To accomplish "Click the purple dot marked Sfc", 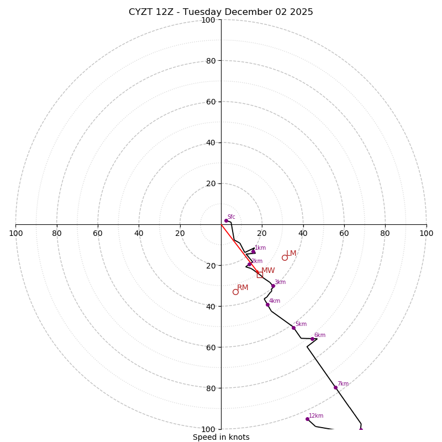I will click(x=226, y=220).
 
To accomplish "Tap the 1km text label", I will click(x=260, y=248).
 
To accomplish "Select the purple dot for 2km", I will click(x=249, y=264).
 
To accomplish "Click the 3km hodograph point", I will click(x=272, y=286).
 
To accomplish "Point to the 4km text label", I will click(x=275, y=301).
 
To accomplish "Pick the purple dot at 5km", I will click(x=293, y=328).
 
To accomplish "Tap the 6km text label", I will click(x=320, y=335).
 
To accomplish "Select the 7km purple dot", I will click(x=335, y=387).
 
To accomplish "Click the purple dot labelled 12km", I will click(x=307, y=419).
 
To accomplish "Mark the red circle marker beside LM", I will click(x=285, y=257).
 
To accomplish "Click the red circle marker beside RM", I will click(x=235, y=292).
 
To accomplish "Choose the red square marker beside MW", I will click(x=260, y=275).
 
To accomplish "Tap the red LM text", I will click(x=291, y=254).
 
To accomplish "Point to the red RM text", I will click(x=243, y=288).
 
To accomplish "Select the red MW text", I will click(x=268, y=271).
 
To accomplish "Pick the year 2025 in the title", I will click(x=301, y=12).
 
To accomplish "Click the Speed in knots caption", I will click(x=221, y=437).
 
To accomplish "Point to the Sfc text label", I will click(x=231, y=217).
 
